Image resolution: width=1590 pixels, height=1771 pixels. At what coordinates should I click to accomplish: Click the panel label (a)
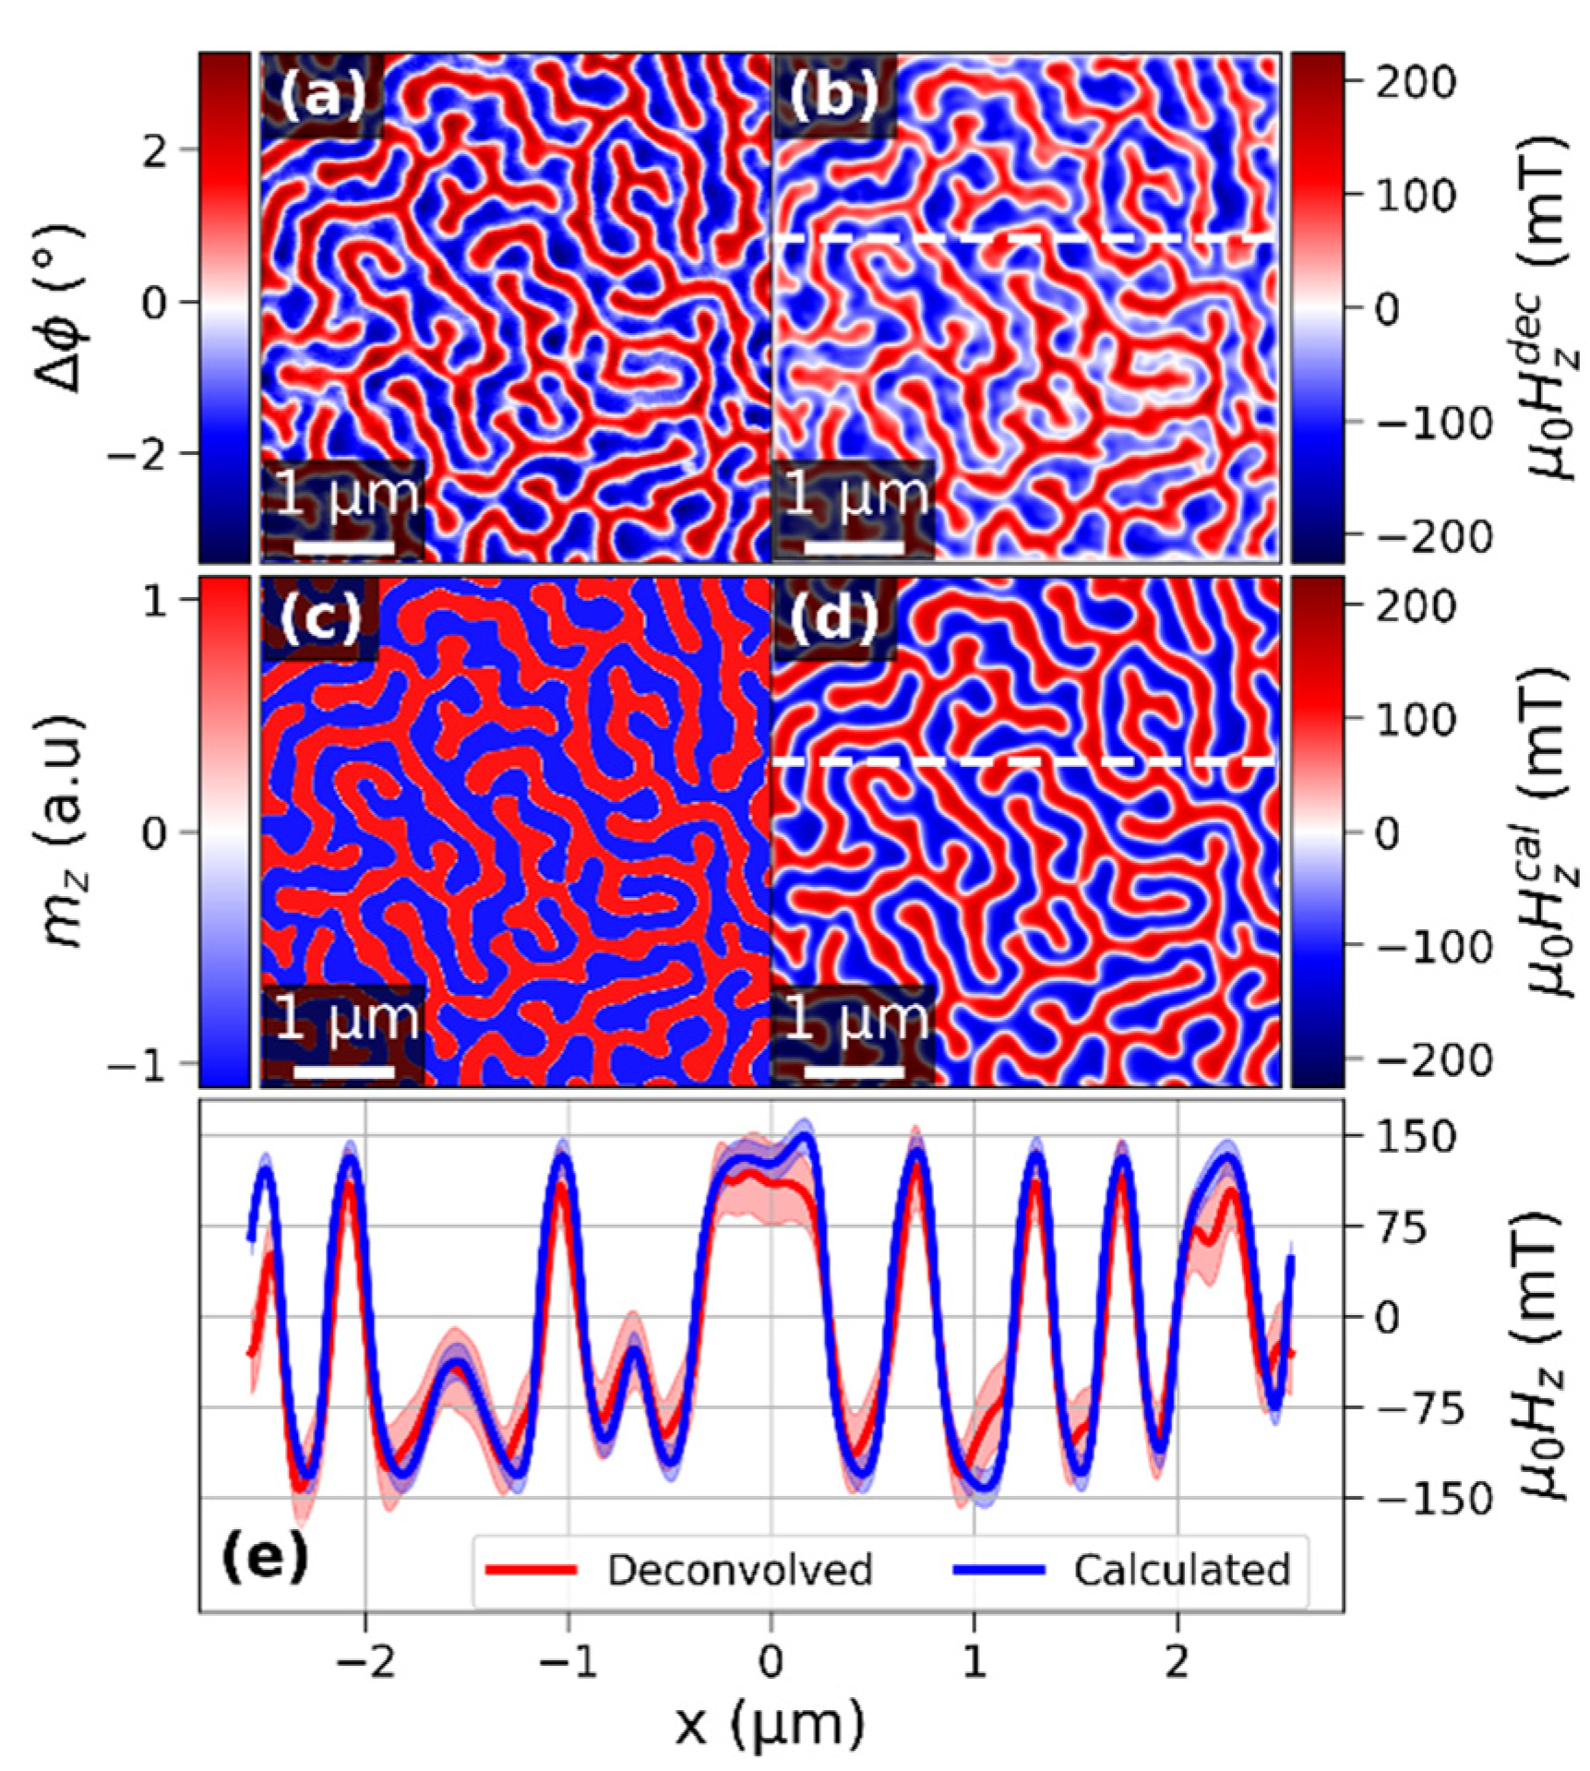322,95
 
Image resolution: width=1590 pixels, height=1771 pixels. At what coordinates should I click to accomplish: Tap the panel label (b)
833,95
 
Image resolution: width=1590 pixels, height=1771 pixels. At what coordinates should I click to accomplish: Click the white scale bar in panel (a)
344,547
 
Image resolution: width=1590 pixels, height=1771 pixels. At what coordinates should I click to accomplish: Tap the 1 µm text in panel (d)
855,1019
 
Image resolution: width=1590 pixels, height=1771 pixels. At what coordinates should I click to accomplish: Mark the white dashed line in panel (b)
1024,239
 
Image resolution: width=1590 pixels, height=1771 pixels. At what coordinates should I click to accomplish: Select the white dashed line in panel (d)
1024,762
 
